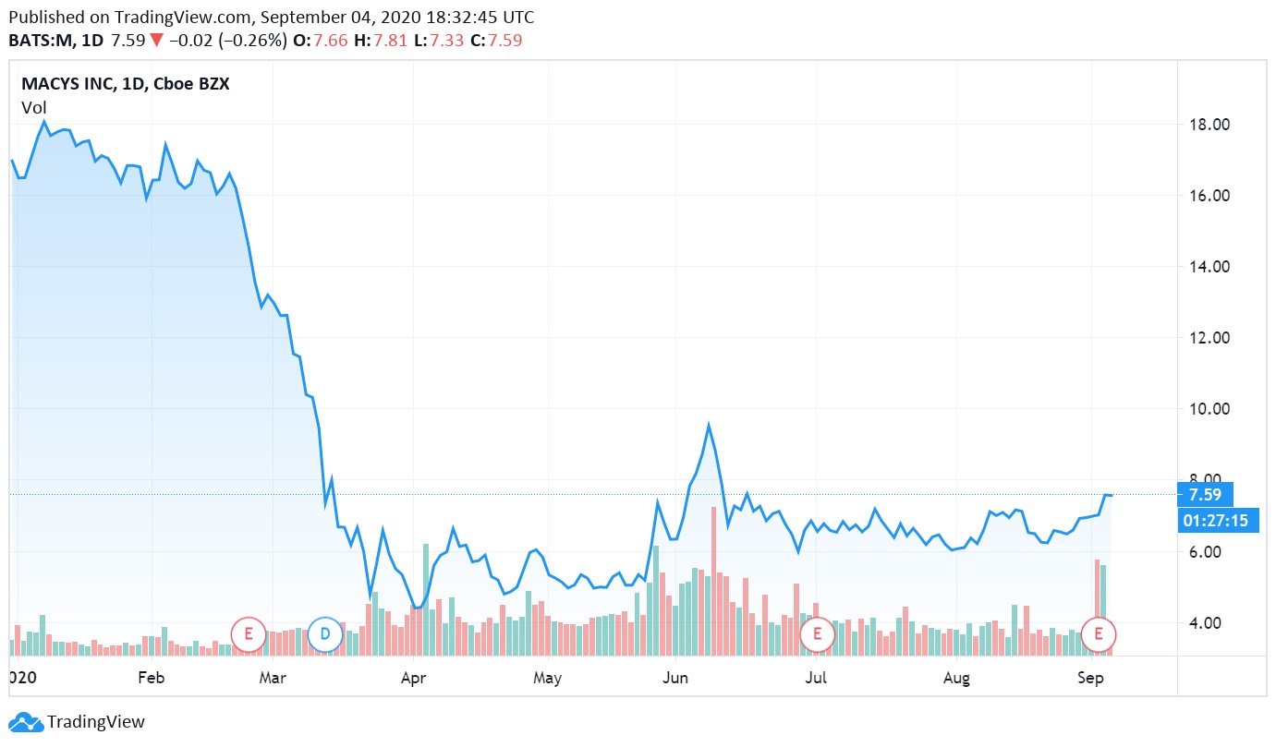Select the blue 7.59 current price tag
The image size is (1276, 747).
pos(1206,495)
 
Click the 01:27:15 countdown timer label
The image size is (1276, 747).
pos(1215,521)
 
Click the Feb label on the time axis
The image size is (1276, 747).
pos(151,679)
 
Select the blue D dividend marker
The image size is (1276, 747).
pos(324,633)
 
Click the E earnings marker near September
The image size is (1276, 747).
pos(1099,633)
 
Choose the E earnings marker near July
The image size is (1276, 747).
pos(817,633)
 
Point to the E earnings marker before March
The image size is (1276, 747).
pos(248,633)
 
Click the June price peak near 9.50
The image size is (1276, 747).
pos(709,425)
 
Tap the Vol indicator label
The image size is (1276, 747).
pos(34,108)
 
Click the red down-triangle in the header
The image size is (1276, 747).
pos(156,41)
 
